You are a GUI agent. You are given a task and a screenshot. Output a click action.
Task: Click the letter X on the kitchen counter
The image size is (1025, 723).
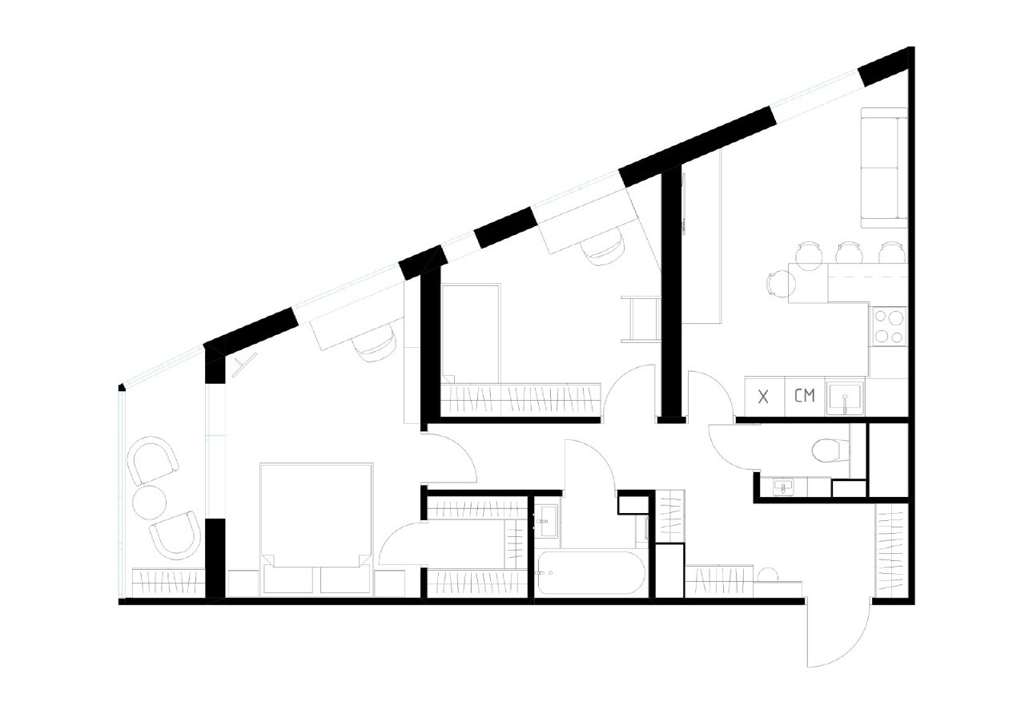[763, 396]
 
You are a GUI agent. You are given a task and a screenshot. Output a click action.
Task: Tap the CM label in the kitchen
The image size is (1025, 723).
[805, 395]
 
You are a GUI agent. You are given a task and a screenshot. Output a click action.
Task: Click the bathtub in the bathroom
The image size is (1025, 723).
[591, 572]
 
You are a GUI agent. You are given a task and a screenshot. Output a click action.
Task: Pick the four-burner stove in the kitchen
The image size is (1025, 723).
[888, 326]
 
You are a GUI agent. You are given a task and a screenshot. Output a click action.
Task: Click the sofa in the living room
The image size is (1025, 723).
[883, 168]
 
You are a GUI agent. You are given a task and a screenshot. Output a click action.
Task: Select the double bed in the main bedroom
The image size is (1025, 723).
[316, 521]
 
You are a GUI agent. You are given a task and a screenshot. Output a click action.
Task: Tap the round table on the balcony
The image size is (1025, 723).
[149, 503]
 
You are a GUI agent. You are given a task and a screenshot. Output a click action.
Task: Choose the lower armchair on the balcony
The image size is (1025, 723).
[176, 535]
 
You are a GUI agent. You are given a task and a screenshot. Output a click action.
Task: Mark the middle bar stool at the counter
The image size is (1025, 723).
[847, 253]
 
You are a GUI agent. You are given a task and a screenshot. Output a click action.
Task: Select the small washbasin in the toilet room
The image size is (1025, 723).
[782, 485]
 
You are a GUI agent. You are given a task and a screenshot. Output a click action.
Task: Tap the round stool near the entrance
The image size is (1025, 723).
[770, 575]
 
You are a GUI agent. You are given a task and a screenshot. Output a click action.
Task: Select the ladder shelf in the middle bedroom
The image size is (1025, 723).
[641, 319]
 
